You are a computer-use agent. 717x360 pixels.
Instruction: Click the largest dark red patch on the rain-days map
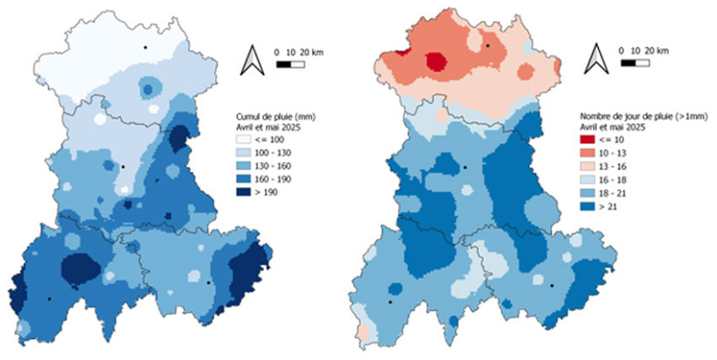435,60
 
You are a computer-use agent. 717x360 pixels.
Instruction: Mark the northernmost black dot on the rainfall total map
147,46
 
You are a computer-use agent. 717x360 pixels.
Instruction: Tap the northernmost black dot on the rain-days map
488,45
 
